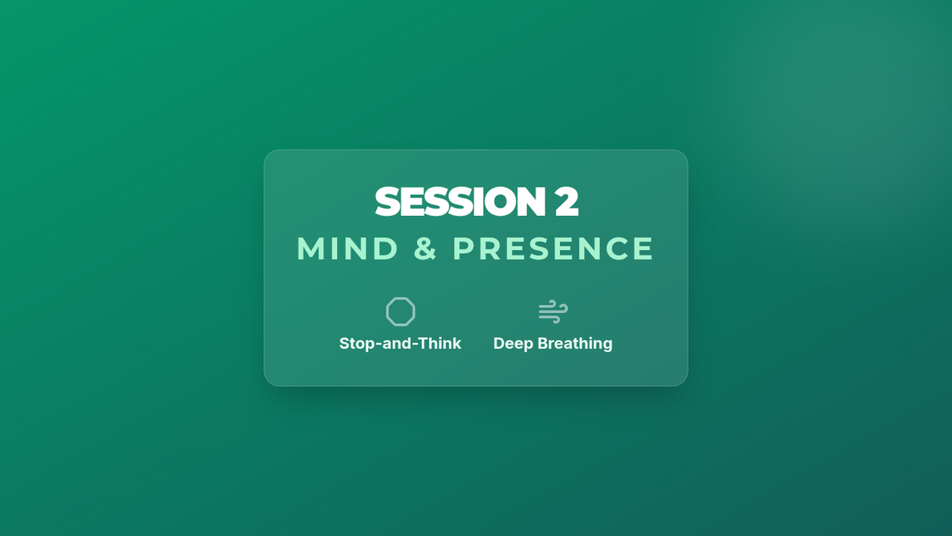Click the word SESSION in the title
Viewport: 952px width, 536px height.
460,201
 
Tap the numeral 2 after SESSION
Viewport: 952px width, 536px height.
566,201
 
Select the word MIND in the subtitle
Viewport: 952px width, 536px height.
347,248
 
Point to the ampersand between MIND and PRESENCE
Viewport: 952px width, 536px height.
425,248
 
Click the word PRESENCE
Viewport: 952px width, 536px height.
553,248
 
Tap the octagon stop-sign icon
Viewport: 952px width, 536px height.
401,312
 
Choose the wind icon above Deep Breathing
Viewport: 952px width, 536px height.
553,312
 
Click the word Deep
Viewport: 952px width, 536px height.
513,344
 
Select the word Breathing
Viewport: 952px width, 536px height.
575,344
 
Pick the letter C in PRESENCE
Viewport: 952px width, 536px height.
617,248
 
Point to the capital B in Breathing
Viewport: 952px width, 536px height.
544,343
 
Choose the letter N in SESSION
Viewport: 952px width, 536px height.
532,201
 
